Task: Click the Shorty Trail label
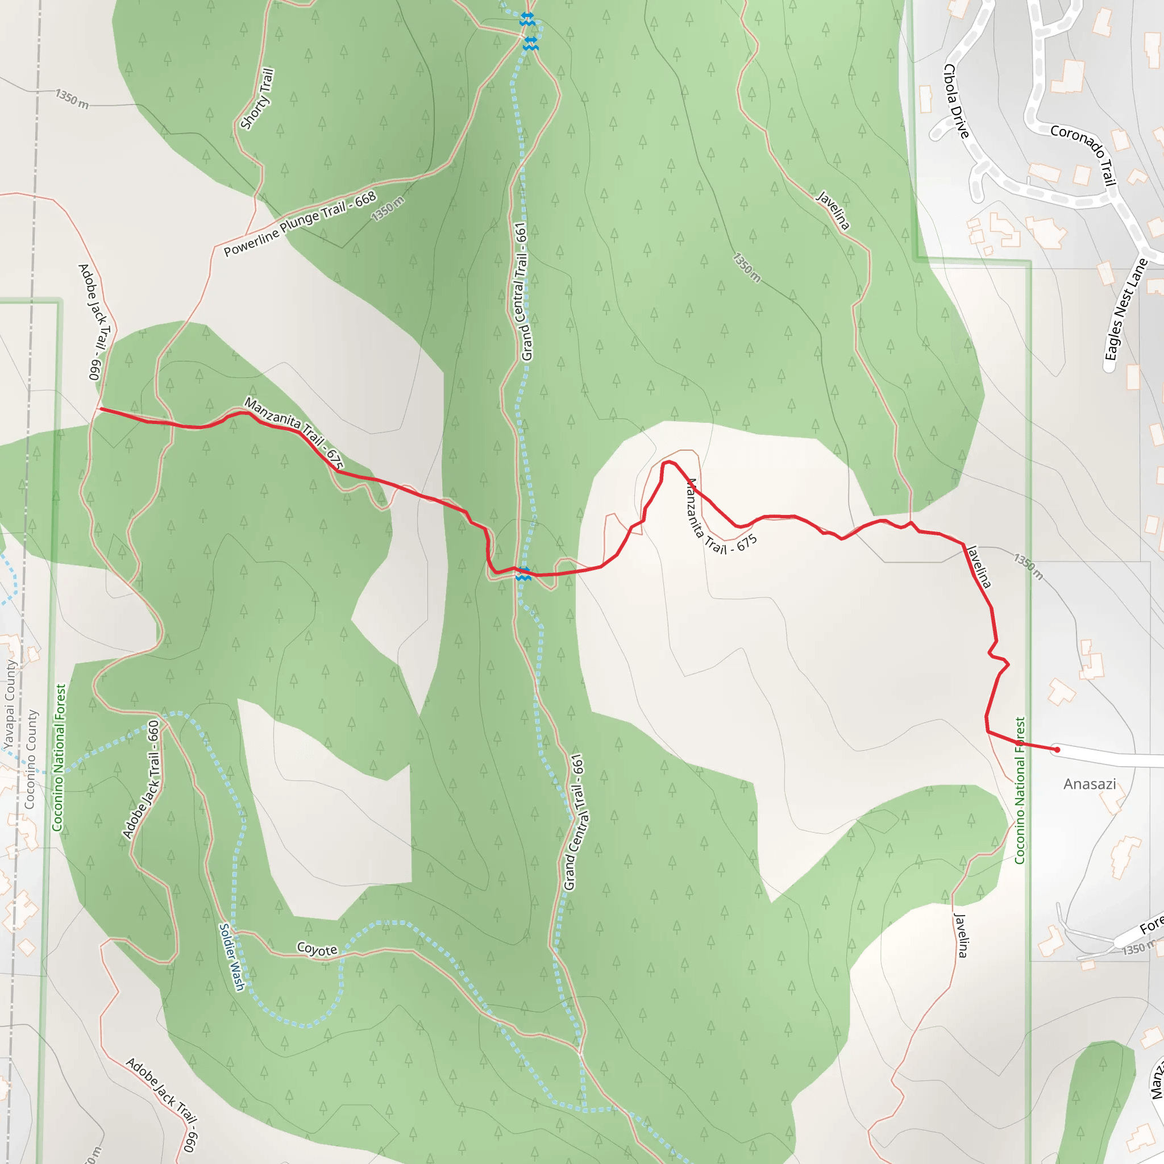tap(257, 99)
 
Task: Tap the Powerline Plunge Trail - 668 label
tap(300, 223)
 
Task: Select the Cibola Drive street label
tap(956, 101)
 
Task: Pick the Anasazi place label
tap(1090, 784)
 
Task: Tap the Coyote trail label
tap(317, 949)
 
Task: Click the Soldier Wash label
tap(232, 957)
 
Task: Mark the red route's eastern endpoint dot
tap(1057, 750)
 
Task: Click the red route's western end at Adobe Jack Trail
tap(100, 409)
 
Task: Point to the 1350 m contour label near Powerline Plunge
tap(388, 209)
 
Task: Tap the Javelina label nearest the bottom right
tap(961, 935)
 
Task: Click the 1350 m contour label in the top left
tap(72, 99)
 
